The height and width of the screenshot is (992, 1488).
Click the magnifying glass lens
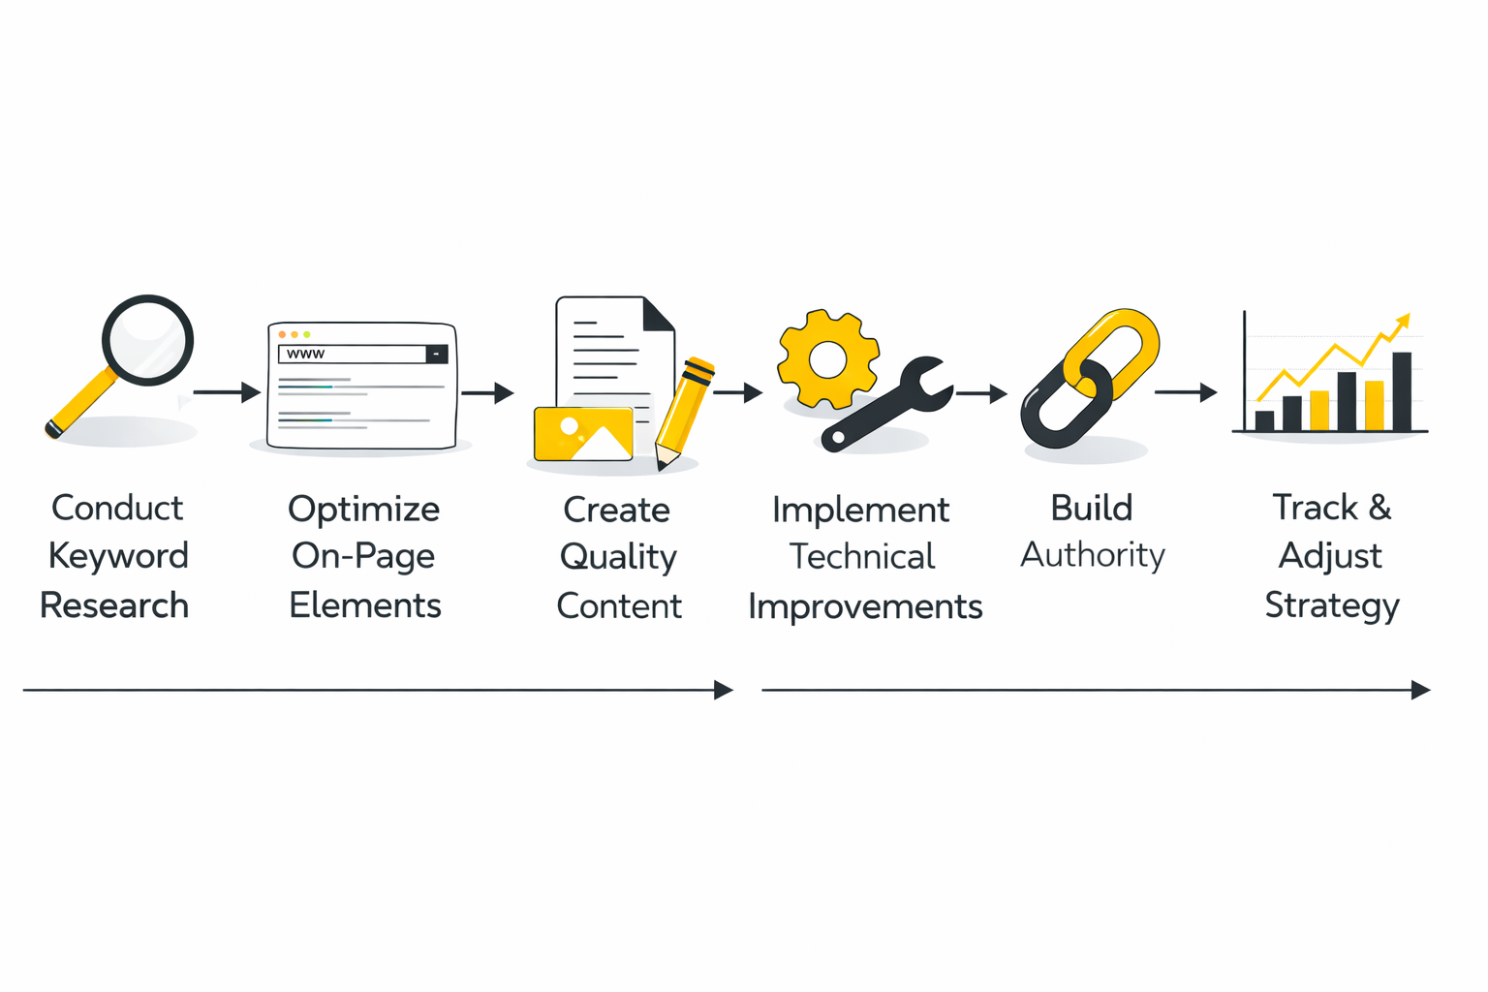tap(147, 340)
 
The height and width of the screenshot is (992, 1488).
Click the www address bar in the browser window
tap(354, 355)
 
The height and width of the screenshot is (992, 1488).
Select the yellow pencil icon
tap(684, 413)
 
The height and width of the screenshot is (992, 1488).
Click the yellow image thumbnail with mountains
tap(583, 434)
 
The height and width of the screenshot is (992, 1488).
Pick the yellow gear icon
tap(827, 359)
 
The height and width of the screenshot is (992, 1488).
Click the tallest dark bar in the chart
tap(1401, 391)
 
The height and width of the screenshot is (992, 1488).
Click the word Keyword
tap(118, 556)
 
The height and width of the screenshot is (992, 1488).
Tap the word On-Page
tap(363, 556)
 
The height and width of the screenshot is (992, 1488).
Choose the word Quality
tap(618, 557)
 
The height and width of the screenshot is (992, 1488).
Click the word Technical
tap(862, 557)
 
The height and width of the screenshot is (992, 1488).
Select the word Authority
tap(1093, 555)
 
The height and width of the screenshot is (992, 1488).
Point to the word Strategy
tap(1332, 605)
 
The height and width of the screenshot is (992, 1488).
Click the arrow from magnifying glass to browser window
tap(227, 392)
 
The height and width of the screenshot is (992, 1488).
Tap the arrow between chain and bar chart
tap(1186, 392)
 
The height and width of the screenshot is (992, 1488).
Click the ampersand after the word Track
tap(1379, 508)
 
